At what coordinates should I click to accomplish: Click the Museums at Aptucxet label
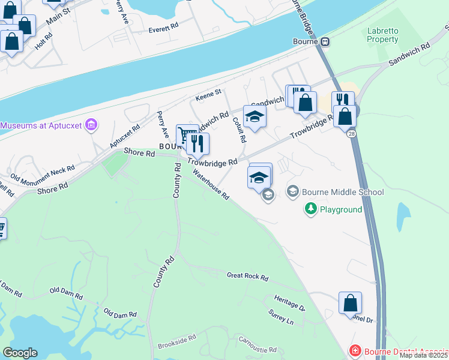coord(41,125)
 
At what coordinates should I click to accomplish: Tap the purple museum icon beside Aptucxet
coord(91,125)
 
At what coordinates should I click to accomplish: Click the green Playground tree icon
coord(310,209)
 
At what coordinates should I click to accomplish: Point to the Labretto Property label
coord(383,35)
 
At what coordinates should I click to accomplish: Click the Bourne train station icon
coord(325,41)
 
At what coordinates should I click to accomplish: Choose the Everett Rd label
coord(164,27)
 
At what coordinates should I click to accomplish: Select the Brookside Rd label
coord(177,342)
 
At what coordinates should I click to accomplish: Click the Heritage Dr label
coord(290,303)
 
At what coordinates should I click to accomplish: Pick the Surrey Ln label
coord(281,317)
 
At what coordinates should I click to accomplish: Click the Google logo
coord(20,353)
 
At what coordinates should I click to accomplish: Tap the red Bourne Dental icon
coord(355,351)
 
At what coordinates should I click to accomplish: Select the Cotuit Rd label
coord(240,130)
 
